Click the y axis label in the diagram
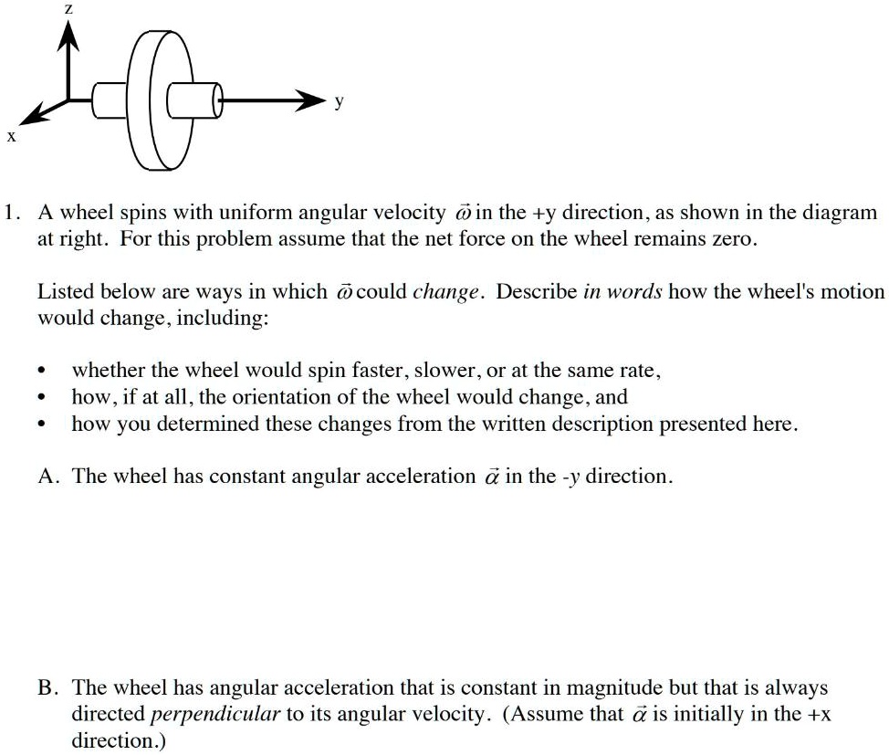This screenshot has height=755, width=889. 340,103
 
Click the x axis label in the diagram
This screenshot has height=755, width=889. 11,137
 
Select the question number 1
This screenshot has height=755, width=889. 10,214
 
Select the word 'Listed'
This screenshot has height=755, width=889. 59,292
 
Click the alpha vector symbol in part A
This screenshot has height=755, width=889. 490,476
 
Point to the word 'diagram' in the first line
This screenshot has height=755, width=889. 840,214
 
